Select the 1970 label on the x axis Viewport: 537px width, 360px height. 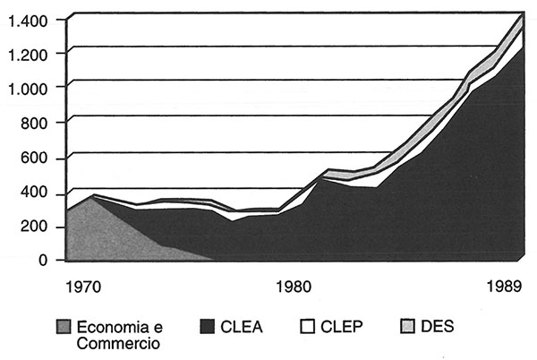[x=83, y=288]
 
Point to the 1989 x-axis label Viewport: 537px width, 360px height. [x=507, y=288]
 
